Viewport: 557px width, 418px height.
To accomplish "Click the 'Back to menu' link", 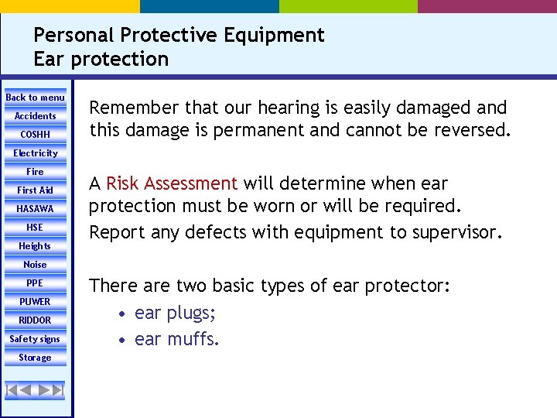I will (36, 98).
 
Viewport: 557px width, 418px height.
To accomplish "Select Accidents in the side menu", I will (36, 116).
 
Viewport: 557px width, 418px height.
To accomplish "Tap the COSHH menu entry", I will (36, 135).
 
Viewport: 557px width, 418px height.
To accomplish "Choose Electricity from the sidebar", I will (36, 153).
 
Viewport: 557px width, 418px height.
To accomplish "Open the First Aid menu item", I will (36, 190).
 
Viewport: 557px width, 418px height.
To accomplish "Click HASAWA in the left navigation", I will (36, 209).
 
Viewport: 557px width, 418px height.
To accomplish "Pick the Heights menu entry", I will (36, 246).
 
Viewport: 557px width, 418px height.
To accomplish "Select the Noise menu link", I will (36, 265).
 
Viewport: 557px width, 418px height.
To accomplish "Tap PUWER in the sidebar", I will (36, 302).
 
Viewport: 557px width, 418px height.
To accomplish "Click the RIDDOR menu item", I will (36, 320).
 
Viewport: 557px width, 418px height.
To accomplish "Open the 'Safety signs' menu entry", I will (36, 339).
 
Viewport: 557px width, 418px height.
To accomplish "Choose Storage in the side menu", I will (36, 358).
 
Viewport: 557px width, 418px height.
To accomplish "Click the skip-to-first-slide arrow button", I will (12, 389).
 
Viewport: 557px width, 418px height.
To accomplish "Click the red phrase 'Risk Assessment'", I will (172, 183).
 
